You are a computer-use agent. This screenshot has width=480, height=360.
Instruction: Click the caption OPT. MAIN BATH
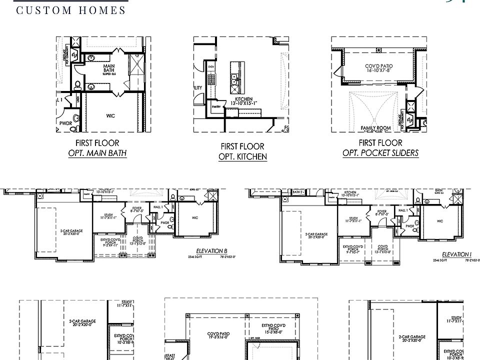coord(97,153)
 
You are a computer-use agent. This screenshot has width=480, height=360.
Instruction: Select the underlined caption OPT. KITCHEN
coord(242,156)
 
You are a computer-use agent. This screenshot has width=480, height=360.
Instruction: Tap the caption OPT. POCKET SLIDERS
coord(380,153)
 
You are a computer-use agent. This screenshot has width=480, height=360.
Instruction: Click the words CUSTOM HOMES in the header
coord(71,10)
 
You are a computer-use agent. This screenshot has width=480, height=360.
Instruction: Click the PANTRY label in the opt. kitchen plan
coord(216,106)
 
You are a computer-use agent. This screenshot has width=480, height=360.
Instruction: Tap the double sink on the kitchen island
coord(234,78)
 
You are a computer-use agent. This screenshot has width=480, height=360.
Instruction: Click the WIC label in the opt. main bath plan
coord(110,116)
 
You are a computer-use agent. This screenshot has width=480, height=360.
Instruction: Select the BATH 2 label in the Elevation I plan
coord(298,192)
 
